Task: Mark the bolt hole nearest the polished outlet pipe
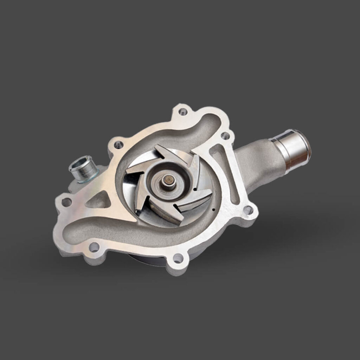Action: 225,135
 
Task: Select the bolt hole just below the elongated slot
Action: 248,210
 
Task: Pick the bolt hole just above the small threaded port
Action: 118,144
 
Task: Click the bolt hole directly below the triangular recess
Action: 94,247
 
